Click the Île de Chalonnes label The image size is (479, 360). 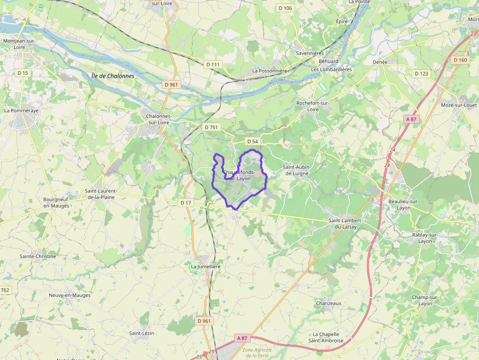112,76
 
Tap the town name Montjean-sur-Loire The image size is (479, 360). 19,44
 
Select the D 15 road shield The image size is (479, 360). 22,73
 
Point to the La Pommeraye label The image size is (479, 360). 21,110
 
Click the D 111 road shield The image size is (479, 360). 213,64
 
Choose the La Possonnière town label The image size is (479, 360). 270,70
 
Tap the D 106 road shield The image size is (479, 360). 285,8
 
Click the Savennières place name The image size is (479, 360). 310,53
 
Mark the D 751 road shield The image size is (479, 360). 212,127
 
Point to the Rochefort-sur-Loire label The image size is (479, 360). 313,106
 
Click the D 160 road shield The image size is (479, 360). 460,60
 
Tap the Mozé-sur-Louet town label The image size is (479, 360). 458,105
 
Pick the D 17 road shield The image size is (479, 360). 186,202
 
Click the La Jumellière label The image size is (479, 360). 206,267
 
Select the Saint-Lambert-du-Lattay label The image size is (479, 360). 342,224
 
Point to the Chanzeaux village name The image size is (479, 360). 328,303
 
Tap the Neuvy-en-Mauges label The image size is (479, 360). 69,295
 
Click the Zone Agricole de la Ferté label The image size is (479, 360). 258,353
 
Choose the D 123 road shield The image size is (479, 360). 421,73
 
